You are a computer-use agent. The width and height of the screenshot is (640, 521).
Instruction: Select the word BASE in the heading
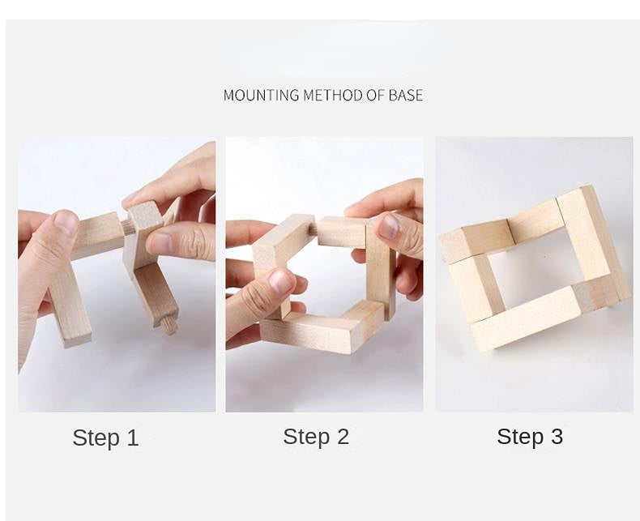point(405,95)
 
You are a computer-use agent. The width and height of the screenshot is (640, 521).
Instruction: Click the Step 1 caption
point(105,438)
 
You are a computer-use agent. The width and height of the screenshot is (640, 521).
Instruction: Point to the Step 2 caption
point(316,437)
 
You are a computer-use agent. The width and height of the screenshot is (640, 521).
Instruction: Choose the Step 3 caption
point(530,436)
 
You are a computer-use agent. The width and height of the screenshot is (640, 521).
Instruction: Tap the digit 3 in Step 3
point(557,436)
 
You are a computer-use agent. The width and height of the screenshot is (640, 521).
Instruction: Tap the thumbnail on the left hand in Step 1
point(66,223)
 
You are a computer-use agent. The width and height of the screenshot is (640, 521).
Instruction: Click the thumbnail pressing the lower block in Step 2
point(280,281)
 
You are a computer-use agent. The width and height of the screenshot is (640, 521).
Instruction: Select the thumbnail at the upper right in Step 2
point(389,226)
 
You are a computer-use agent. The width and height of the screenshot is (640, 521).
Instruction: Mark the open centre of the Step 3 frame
point(531,267)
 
